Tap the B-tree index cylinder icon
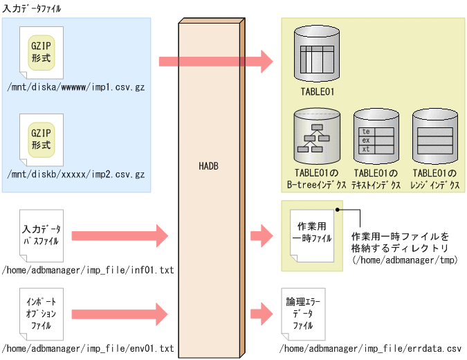(x=318, y=137)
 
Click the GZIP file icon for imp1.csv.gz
(x=42, y=53)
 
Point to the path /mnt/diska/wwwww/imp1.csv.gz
(x=75, y=89)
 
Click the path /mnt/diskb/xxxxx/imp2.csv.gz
(x=75, y=174)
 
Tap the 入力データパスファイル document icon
(x=42, y=235)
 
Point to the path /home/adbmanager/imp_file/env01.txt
(x=88, y=348)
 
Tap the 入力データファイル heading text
(x=32, y=8)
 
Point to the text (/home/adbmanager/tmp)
(x=401, y=260)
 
